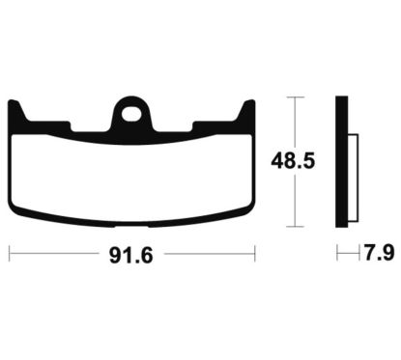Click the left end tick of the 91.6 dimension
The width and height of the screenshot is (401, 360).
[9, 255]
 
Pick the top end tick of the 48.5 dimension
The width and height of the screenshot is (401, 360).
[296, 97]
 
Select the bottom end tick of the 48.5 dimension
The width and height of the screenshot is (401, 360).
[296, 228]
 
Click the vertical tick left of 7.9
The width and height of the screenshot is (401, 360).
[337, 255]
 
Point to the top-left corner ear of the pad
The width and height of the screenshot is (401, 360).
[17, 109]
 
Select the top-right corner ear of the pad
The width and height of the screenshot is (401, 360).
[249, 109]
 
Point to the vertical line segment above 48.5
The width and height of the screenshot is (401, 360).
[296, 121]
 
